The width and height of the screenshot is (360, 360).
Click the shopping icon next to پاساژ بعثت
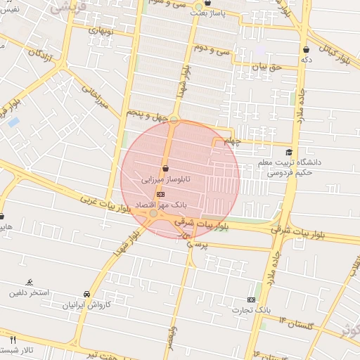point(198,4)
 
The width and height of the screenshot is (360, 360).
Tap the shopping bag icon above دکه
point(307,50)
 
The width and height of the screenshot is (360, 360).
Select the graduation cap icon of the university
point(288,152)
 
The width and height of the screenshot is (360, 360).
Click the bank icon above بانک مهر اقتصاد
point(161,193)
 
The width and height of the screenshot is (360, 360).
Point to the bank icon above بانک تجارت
point(251,300)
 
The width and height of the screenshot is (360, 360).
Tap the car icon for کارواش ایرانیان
point(86,294)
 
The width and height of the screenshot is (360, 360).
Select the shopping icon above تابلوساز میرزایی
point(165,168)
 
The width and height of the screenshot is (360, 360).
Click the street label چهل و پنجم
point(146,113)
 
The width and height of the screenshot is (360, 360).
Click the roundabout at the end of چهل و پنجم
point(174,120)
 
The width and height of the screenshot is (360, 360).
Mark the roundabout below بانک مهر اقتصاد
point(153,213)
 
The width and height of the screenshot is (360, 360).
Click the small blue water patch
point(13,122)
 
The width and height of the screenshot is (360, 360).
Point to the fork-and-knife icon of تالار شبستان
point(13,340)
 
